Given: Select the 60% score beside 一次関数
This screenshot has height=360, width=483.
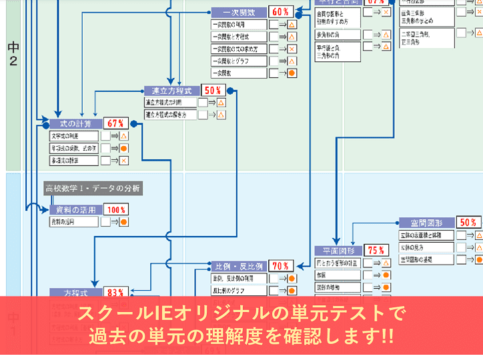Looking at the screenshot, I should click(x=280, y=12).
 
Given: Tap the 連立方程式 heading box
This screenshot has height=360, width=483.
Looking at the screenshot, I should click(x=172, y=90).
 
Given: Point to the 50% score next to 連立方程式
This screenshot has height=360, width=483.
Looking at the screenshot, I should click(x=213, y=90).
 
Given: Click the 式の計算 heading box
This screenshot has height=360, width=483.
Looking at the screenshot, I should click(x=75, y=123).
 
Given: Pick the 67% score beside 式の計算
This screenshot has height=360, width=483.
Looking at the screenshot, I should click(x=115, y=123).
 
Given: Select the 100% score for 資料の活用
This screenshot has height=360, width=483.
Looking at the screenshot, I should click(x=116, y=209).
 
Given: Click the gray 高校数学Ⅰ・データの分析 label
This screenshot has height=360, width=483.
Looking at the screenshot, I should click(x=93, y=189).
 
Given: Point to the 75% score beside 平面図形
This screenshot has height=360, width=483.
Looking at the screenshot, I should click(x=378, y=250).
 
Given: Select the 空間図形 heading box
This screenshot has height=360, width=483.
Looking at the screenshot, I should click(x=427, y=223).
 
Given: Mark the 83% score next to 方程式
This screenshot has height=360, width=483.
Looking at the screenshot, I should click(x=115, y=292).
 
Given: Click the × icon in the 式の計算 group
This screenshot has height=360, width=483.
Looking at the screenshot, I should click(x=123, y=161).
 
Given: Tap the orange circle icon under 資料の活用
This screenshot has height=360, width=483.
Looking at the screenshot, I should click(x=123, y=222).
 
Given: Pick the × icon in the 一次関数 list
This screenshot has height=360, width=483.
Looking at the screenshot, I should click(x=292, y=49).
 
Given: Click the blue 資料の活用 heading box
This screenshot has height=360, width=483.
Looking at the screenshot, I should click(x=75, y=209).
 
